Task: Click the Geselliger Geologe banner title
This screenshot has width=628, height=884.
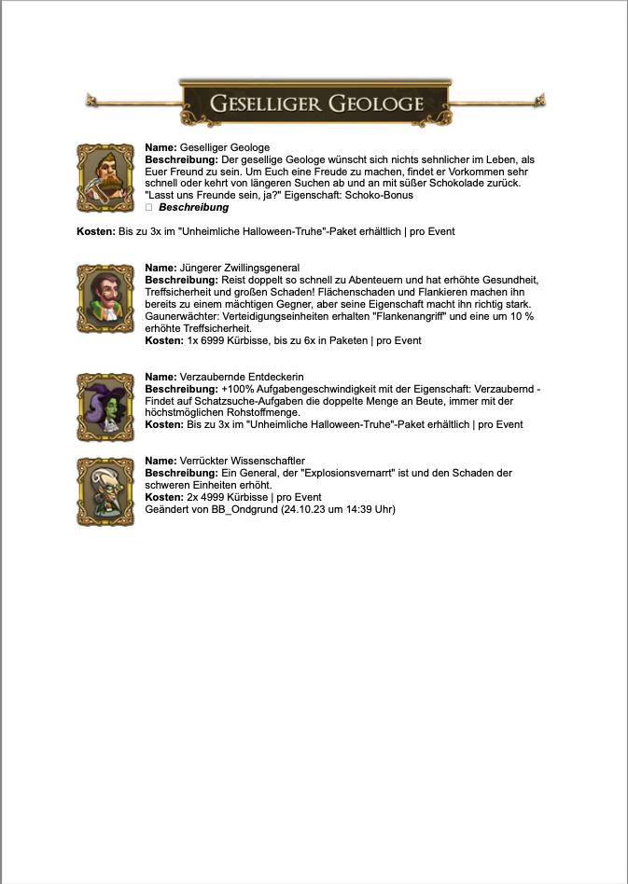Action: (x=316, y=103)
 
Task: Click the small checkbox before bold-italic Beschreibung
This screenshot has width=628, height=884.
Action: (x=149, y=208)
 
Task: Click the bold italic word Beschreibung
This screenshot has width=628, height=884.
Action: (x=193, y=208)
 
